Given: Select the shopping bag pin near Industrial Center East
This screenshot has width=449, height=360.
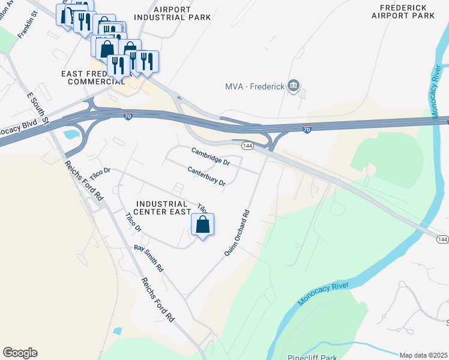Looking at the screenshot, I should click(203, 226).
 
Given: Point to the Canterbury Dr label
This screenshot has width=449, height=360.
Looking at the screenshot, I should click(206, 175).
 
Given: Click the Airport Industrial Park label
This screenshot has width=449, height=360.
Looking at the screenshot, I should click(173, 13).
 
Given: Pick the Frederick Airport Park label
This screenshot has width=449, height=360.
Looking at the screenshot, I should click(403, 11).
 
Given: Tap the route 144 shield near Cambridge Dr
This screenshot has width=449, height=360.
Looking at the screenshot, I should click(247, 146).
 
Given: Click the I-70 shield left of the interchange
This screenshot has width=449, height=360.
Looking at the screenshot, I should click(128, 116).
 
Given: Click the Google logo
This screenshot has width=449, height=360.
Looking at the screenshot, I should click(20, 353).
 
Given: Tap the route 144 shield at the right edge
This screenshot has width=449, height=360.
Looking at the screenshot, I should click(442, 239).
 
